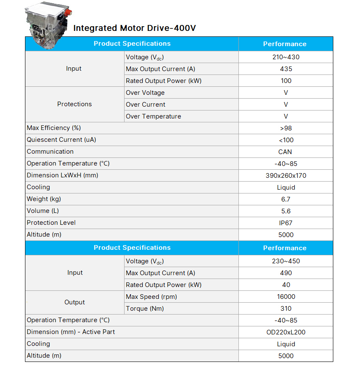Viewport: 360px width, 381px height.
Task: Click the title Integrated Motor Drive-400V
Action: pyautogui.click(x=134, y=28)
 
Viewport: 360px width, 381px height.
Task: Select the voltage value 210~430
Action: pyautogui.click(x=286, y=57)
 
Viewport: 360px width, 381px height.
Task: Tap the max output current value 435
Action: pyautogui.click(x=286, y=69)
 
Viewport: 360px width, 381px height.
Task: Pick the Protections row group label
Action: pyautogui.click(x=75, y=104)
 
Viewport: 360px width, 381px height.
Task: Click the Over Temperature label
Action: pyautogui.click(x=153, y=116)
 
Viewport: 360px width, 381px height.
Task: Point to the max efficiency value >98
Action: pyautogui.click(x=286, y=128)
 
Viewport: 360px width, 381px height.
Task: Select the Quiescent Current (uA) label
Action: pyautogui.click(x=61, y=140)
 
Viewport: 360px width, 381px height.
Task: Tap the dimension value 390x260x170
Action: pyautogui.click(x=286, y=176)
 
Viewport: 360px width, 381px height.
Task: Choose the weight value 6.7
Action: pyautogui.click(x=286, y=199)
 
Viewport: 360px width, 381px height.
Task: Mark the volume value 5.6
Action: pyautogui.click(x=286, y=211)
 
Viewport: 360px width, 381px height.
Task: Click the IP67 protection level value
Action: pyautogui.click(x=286, y=223)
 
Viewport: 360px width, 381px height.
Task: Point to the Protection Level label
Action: pyautogui.click(x=51, y=223)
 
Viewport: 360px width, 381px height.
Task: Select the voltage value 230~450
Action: pyautogui.click(x=286, y=261)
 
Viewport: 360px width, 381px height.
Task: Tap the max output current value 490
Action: pyautogui.click(x=286, y=273)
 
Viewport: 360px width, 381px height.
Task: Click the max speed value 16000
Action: pyautogui.click(x=286, y=297)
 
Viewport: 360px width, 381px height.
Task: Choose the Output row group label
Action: pyautogui.click(x=75, y=302)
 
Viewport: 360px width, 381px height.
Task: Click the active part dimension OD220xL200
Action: pyautogui.click(x=286, y=332)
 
